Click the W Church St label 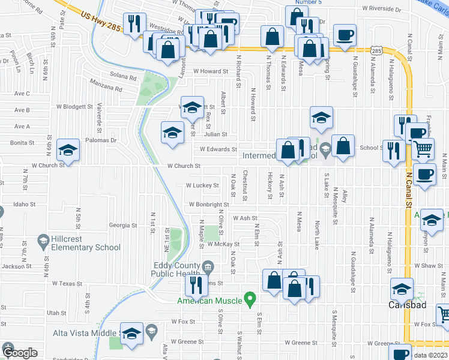[183, 166]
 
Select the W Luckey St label [202, 186]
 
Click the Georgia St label [123, 226]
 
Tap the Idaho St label [25, 205]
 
